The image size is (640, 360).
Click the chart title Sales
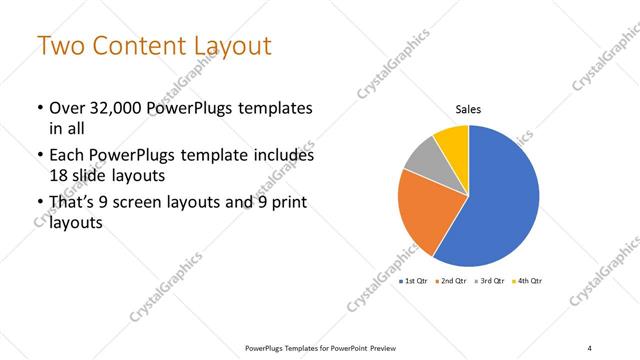[x=469, y=109]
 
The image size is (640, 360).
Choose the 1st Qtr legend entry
[x=415, y=282]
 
